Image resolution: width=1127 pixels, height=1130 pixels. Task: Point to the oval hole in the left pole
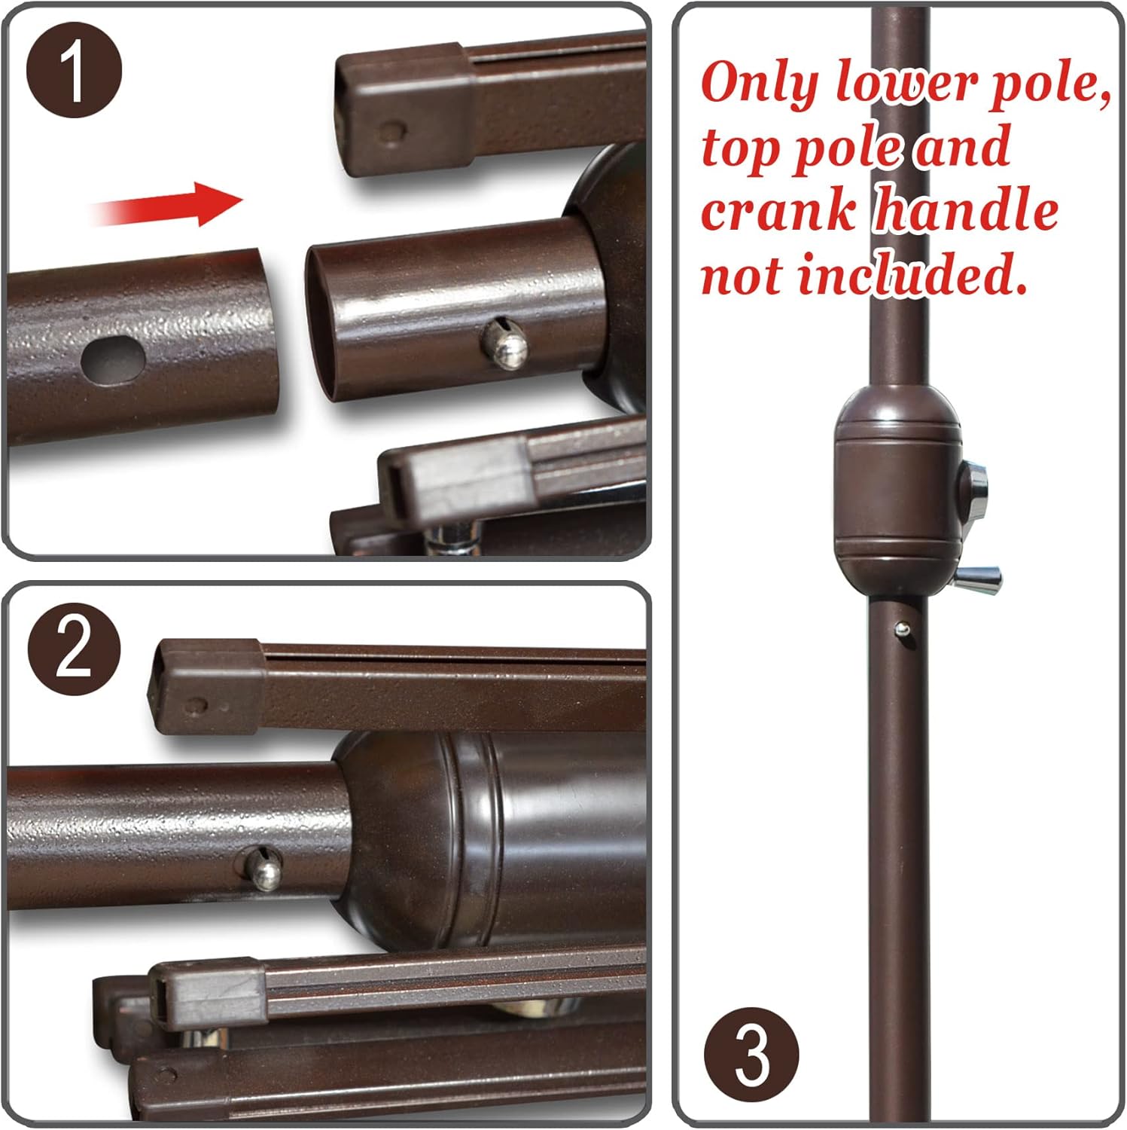[x=112, y=360]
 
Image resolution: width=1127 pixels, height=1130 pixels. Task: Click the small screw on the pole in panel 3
[x=901, y=628]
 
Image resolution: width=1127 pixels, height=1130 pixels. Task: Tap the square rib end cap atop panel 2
[x=206, y=686]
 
